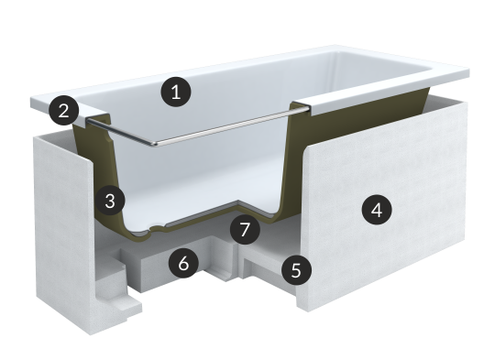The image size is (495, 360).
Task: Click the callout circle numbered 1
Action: (x=176, y=92)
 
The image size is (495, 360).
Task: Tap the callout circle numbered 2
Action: (x=64, y=110)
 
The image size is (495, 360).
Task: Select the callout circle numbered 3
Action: (x=110, y=201)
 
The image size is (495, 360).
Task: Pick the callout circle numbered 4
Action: (x=377, y=210)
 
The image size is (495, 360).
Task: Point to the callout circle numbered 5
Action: (x=296, y=269)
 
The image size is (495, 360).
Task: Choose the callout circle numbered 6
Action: (x=183, y=263)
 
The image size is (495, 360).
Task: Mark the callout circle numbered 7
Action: (x=245, y=229)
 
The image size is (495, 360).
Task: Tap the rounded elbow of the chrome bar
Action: (x=154, y=144)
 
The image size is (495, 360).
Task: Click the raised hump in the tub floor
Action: (x=240, y=204)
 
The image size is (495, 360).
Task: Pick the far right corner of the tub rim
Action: (x=467, y=71)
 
